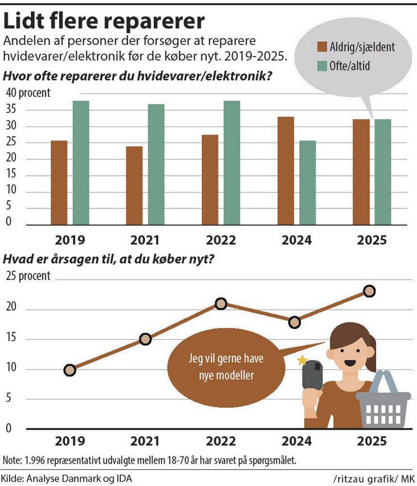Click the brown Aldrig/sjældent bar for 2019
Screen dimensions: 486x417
[59, 182]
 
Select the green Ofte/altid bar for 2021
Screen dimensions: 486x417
[156, 164]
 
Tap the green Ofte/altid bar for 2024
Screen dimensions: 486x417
[307, 182]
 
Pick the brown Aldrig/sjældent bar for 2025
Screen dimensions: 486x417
[361, 172]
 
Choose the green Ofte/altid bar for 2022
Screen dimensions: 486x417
[232, 163]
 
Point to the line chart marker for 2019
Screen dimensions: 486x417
[69, 370]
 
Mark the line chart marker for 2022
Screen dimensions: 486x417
[221, 304]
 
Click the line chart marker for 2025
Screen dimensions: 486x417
[369, 291]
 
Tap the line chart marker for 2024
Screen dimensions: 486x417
[295, 322]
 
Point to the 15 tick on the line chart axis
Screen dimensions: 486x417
[11, 338]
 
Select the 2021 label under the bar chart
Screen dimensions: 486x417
[145, 240]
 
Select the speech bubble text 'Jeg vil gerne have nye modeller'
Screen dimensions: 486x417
[226, 367]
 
